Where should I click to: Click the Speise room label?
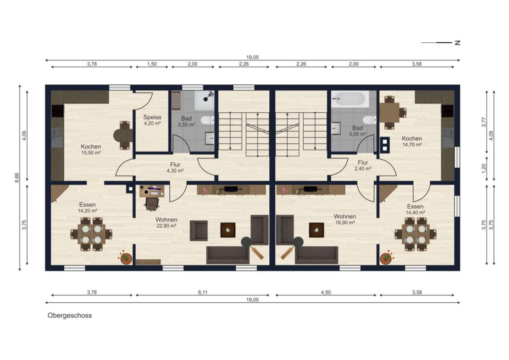click(152, 118)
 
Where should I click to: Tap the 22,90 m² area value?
click(166, 226)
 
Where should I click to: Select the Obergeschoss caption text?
click(70, 315)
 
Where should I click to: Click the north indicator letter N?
click(457, 43)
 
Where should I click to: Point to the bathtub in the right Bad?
click(350, 99)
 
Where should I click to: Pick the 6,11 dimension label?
click(203, 292)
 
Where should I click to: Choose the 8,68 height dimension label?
click(17, 178)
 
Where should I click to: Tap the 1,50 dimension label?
click(152, 64)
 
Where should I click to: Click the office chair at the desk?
click(151, 204)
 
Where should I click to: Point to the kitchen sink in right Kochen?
click(448, 138)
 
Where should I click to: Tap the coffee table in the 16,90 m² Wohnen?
click(317, 230)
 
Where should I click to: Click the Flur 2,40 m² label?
click(363, 165)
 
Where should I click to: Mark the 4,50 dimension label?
click(326, 292)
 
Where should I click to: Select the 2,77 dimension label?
click(484, 122)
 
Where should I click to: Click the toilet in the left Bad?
click(207, 120)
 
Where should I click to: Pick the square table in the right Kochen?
click(389, 113)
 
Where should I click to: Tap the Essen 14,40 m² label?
click(415, 209)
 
